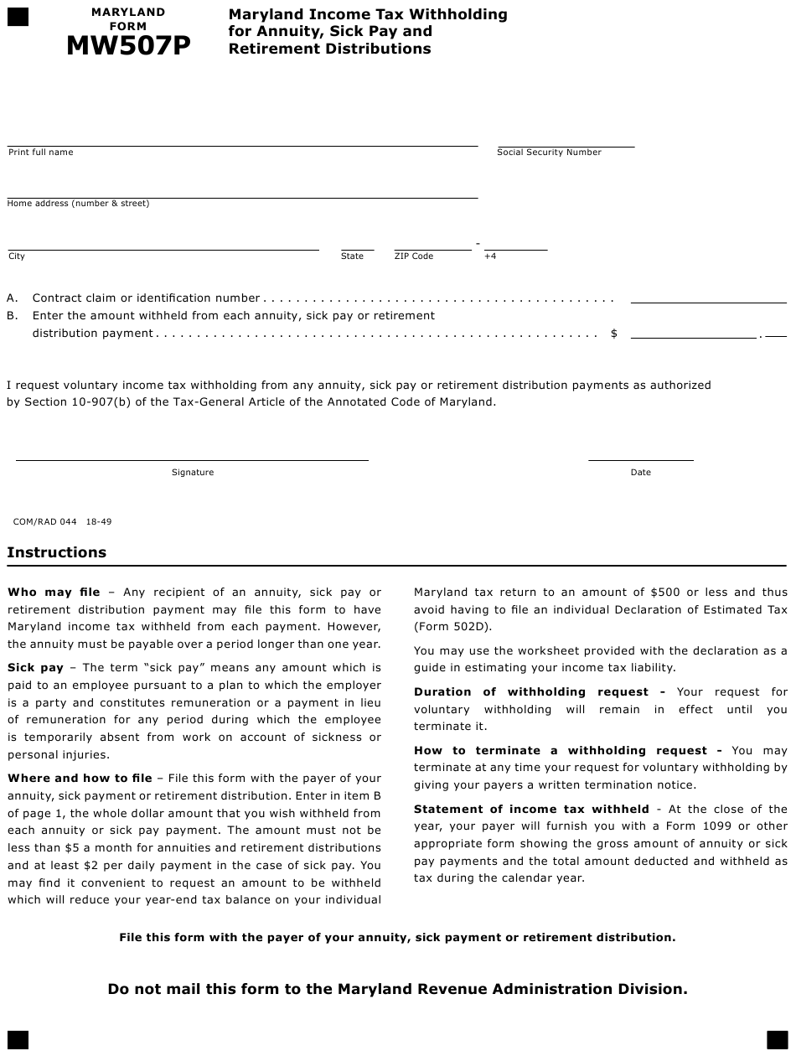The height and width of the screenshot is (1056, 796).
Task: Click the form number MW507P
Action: tap(128, 47)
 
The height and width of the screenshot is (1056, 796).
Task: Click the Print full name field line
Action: tap(242, 144)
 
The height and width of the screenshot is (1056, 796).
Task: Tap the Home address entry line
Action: tap(242, 196)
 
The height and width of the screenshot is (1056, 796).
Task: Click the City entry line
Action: tap(163, 248)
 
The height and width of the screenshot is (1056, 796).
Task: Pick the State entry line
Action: tap(357, 248)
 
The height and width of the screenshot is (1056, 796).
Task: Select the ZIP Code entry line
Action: tap(432, 248)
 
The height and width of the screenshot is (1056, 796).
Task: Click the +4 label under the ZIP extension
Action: tap(490, 256)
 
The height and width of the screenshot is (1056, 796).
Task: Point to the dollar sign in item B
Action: tap(614, 334)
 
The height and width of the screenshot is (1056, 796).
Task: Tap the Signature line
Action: tap(192, 458)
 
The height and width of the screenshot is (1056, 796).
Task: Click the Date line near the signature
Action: tap(640, 458)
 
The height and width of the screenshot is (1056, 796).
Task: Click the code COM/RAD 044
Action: tap(45, 521)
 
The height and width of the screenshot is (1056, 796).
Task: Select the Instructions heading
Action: tap(57, 552)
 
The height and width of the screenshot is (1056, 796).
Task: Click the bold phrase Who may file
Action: tap(54, 592)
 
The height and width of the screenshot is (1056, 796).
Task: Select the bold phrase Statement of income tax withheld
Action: tap(531, 809)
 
